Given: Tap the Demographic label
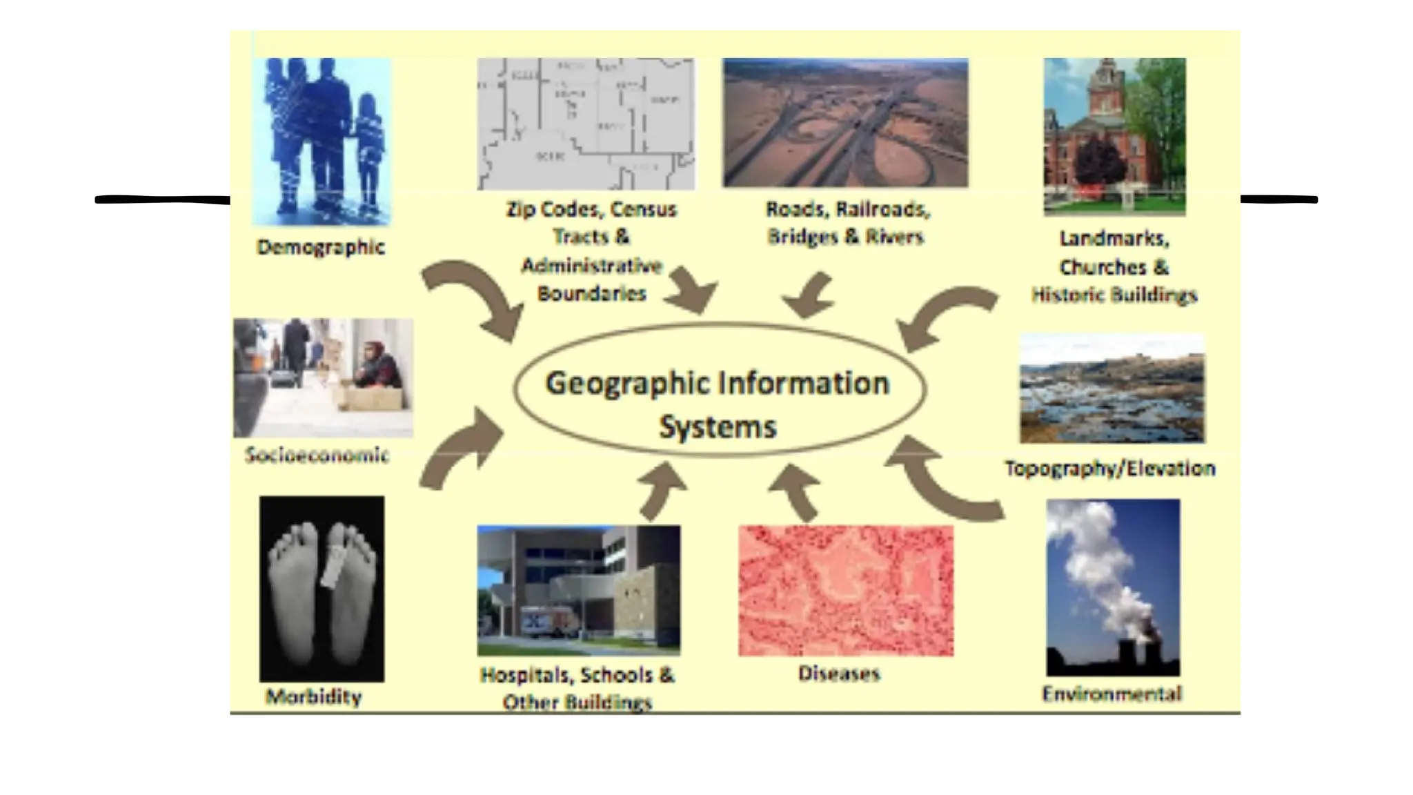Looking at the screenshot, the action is pyautogui.click(x=321, y=247).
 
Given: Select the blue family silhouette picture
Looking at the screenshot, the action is pyautogui.click(x=322, y=141).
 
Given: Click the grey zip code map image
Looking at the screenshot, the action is pyautogui.click(x=586, y=124).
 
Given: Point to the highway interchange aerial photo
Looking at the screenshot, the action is pyautogui.click(x=845, y=123).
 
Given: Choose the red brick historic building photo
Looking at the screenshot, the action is pyautogui.click(x=1114, y=137).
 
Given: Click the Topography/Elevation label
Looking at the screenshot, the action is pyautogui.click(x=1109, y=469).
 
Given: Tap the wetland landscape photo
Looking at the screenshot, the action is pyautogui.click(x=1112, y=389).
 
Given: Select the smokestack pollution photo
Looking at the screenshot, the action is pyautogui.click(x=1113, y=587).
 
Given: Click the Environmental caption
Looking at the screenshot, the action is pyautogui.click(x=1111, y=694).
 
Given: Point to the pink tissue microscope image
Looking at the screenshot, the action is pyautogui.click(x=846, y=591).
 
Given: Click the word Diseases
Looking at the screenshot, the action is pyautogui.click(x=839, y=674).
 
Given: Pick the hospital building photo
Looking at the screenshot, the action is pyautogui.click(x=578, y=590).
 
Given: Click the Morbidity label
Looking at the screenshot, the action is pyautogui.click(x=314, y=697).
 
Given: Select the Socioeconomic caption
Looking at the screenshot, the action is pyautogui.click(x=317, y=455).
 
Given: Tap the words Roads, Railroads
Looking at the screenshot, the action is pyautogui.click(x=848, y=209).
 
